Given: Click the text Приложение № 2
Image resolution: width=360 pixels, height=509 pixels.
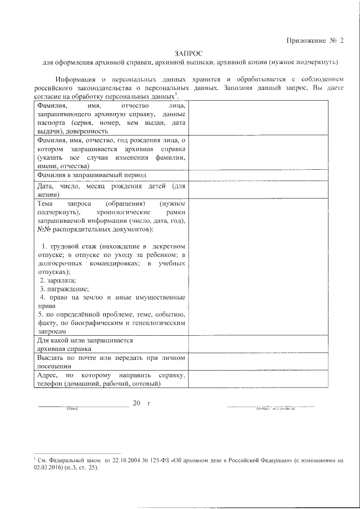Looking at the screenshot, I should (x=315, y=40).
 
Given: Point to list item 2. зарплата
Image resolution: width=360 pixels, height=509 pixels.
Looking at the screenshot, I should (x=58, y=280).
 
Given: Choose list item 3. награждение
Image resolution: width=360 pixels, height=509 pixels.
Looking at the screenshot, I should (x=61, y=288).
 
